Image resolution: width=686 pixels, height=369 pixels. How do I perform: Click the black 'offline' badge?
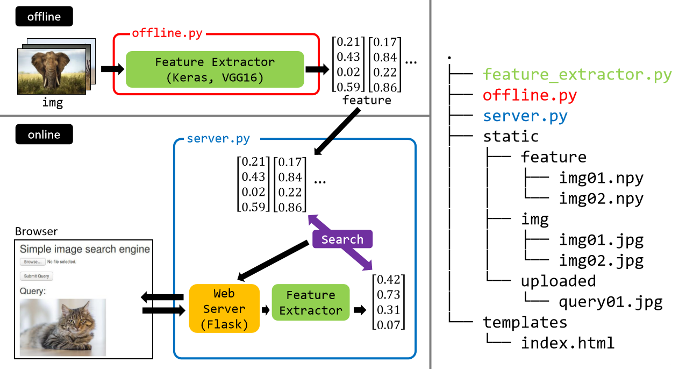pyautogui.click(x=44, y=17)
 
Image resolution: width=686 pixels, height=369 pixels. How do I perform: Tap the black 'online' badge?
pyautogui.click(x=44, y=134)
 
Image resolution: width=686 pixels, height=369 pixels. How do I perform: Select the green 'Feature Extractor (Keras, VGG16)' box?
pyautogui.click(x=215, y=69)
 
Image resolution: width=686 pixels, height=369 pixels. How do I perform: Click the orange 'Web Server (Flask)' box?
pyautogui.click(x=224, y=309)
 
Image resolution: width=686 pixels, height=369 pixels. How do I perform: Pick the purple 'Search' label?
pyautogui.click(x=342, y=239)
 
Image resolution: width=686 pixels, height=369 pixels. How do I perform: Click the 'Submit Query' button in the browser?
pyautogui.click(x=37, y=276)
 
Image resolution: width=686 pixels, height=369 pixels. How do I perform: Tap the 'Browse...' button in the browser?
pyautogui.click(x=32, y=261)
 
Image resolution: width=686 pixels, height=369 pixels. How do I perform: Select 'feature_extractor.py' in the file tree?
pyautogui.click(x=577, y=74)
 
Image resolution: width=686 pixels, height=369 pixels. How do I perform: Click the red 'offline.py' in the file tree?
pyautogui.click(x=530, y=95)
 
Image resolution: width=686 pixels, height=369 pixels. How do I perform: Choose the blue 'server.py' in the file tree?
pyautogui.click(x=525, y=116)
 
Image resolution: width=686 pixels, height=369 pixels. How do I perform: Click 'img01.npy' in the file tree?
pyautogui.click(x=601, y=178)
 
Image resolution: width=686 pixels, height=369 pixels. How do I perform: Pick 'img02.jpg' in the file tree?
pyautogui.click(x=601, y=261)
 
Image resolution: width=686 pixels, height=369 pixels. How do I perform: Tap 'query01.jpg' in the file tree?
pyautogui.click(x=611, y=302)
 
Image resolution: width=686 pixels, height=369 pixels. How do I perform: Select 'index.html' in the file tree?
pyautogui.click(x=568, y=343)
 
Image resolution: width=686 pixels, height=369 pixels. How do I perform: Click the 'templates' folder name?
pyautogui.click(x=525, y=322)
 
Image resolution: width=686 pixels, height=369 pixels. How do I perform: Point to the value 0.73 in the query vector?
pyautogui.click(x=389, y=294)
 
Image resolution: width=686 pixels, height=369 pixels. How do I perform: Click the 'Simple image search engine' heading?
pyautogui.click(x=85, y=249)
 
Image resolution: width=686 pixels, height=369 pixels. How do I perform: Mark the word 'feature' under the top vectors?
pyautogui.click(x=367, y=100)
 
